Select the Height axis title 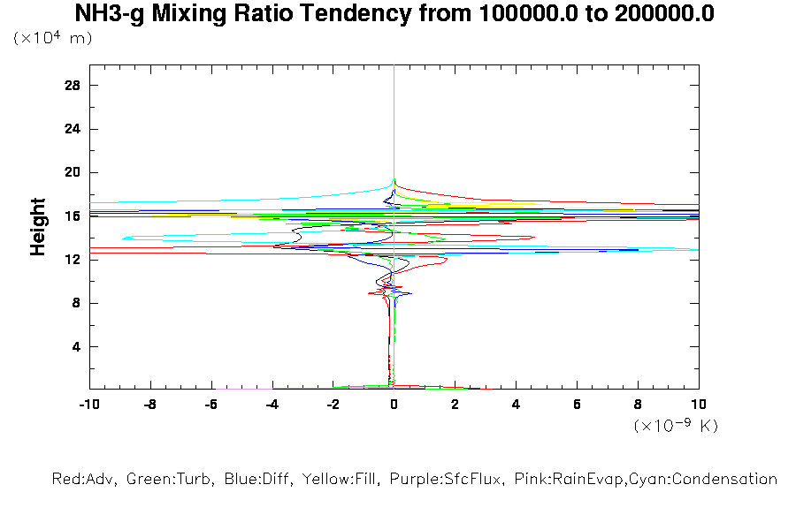pyautogui.click(x=38, y=227)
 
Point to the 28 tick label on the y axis pyautogui.click(x=73, y=86)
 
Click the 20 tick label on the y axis pyautogui.click(x=73, y=172)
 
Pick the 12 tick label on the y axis pyautogui.click(x=73, y=260)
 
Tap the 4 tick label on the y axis pyautogui.click(x=76, y=346)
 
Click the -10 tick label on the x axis pyautogui.click(x=88, y=404)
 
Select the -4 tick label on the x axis pyautogui.click(x=272, y=404)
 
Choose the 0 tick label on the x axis pyautogui.click(x=394, y=404)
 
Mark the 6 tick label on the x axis pyautogui.click(x=577, y=404)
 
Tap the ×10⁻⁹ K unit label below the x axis pyautogui.click(x=676, y=426)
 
